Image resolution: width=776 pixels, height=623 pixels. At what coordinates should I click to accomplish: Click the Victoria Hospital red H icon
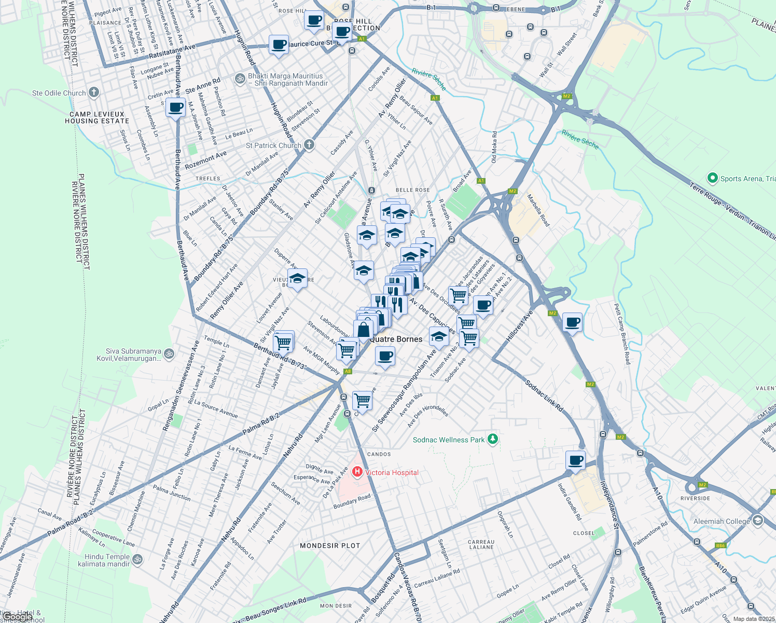coord(357,472)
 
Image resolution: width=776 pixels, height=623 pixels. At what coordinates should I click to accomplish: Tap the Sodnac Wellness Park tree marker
coord(493,440)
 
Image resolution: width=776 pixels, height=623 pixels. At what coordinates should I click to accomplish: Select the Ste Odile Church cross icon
coord(93,93)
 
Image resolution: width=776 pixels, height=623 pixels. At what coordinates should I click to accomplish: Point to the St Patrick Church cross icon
coord(309,145)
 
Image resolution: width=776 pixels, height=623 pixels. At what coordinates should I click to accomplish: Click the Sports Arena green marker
coord(712,178)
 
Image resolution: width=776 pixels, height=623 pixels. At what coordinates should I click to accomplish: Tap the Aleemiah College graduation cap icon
coord(758,521)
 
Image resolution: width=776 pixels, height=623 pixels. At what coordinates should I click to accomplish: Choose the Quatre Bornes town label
coord(396,339)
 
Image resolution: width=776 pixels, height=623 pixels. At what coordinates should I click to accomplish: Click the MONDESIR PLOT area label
coord(330,546)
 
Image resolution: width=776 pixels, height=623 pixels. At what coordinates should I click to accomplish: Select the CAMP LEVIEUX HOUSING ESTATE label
coord(97,117)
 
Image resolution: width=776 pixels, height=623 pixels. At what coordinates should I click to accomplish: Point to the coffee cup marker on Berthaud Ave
coord(176,108)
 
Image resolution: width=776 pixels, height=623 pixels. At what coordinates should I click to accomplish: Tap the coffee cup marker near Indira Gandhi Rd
coord(575,460)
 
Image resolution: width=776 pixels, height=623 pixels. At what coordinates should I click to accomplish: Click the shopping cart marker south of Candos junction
coord(362,400)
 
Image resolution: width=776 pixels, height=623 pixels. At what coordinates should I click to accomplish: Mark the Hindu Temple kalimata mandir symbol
coord(137,560)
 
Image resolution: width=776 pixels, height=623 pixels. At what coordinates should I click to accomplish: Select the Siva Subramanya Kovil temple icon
coord(169,355)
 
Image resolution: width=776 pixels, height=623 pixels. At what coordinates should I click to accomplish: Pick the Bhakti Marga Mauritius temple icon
coord(240,79)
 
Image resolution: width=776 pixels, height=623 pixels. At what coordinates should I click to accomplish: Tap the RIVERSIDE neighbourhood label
coord(695,498)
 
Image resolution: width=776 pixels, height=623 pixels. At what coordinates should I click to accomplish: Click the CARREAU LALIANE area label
coord(481,544)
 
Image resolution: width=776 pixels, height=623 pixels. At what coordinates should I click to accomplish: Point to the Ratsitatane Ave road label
coord(172,51)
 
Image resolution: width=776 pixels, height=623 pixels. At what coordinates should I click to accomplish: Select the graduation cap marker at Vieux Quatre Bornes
coord(297,279)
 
